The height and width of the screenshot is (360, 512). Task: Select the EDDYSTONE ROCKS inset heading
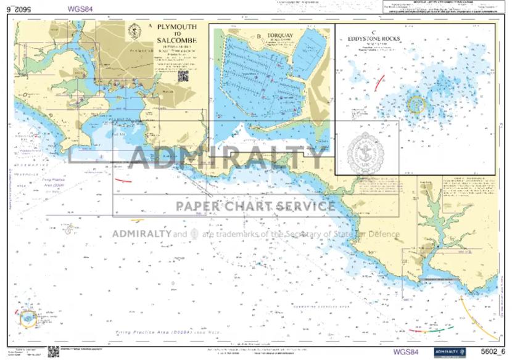coord(374,38)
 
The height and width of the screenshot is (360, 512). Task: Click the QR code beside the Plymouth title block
coord(183,76)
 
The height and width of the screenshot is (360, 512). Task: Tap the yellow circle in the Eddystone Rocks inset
coord(416,104)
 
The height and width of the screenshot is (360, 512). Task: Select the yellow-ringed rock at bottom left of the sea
coord(28,319)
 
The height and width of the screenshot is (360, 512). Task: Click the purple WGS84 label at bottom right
coord(406,353)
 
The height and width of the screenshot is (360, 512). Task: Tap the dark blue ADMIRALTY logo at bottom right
coord(448,352)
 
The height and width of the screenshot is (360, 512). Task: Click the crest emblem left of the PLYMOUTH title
coord(134,30)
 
